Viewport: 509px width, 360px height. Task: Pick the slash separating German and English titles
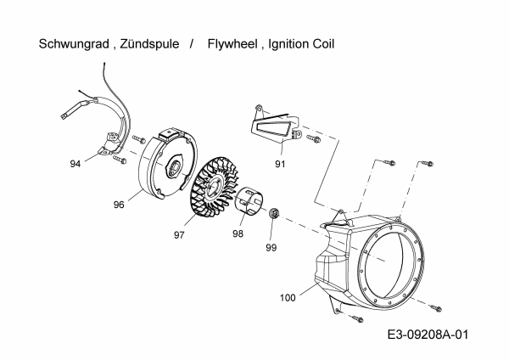tap(192, 44)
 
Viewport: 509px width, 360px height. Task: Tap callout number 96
tap(120, 205)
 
